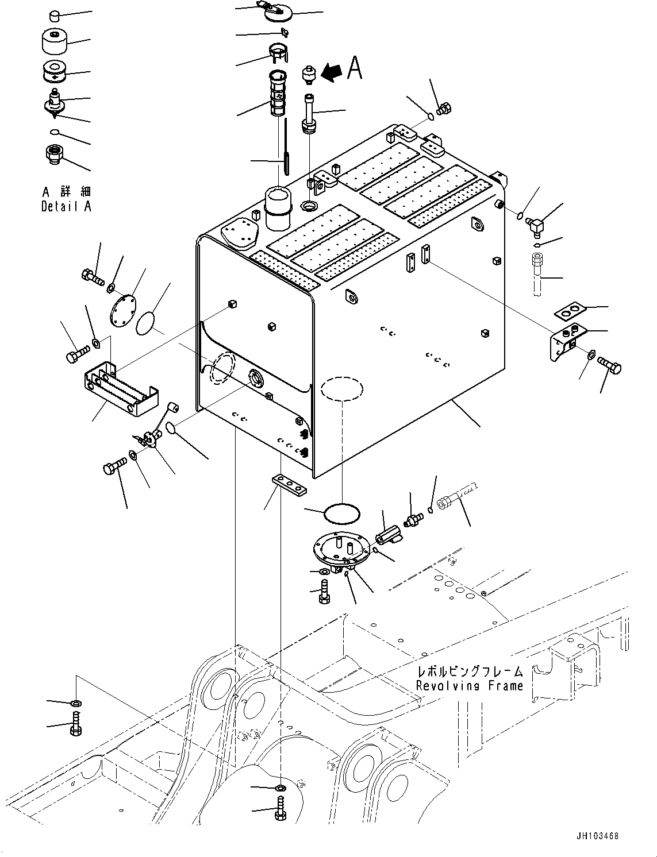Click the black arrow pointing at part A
(332, 72)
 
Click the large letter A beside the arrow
(354, 68)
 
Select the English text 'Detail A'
(66, 206)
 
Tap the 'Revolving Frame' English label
(470, 685)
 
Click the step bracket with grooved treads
(120, 389)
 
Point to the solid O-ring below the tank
(341, 514)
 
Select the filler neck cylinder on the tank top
(278, 209)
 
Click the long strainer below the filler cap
(276, 93)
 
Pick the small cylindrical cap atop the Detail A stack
(55, 16)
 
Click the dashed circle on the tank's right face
(341, 388)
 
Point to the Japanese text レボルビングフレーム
(470, 671)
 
